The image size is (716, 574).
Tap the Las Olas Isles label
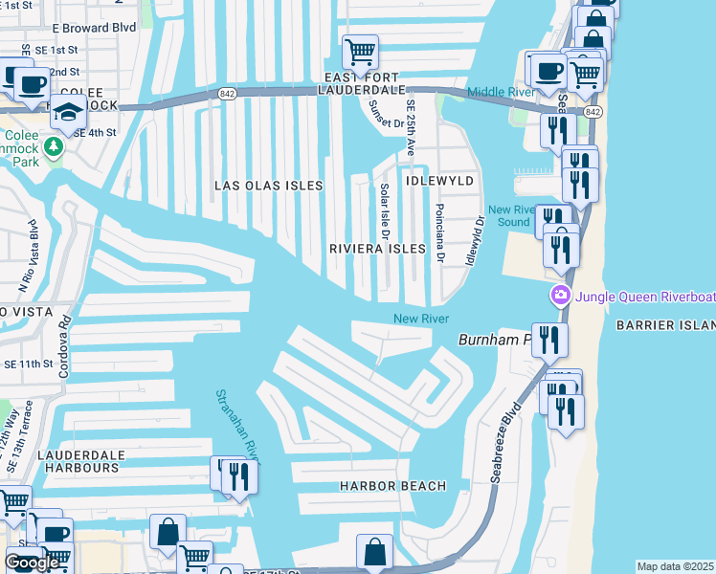[268, 186]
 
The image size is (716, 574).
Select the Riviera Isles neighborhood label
[376, 249]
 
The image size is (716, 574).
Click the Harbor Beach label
[392, 486]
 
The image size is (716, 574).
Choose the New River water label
[420, 319]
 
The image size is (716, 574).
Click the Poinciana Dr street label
[439, 232]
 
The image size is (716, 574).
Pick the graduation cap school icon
[69, 112]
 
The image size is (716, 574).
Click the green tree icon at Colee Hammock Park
[54, 146]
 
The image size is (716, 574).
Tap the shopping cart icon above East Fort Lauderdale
[360, 51]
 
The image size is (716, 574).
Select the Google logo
[32, 563]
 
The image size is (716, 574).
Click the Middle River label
[501, 92]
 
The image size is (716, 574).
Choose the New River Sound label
[508, 216]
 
